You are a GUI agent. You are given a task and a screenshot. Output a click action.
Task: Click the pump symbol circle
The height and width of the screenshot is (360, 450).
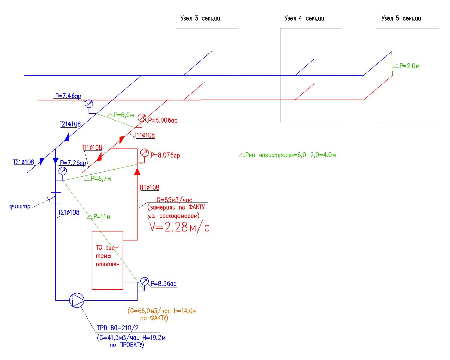coord(77,300)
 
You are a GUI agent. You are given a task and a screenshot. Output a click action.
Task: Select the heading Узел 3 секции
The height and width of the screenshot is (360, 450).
coord(200,19)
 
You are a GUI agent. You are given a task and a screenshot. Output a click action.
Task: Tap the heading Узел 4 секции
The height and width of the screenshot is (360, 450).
coord(304,19)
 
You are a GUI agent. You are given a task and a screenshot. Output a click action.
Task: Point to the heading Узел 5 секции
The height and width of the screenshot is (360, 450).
coord(401,19)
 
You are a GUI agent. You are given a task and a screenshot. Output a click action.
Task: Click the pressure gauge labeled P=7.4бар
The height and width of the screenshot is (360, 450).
coord(89,104)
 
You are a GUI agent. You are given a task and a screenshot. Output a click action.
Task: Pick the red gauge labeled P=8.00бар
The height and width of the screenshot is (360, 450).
coord(142,118)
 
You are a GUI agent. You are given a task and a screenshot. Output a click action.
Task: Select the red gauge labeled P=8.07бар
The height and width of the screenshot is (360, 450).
coord(144,153)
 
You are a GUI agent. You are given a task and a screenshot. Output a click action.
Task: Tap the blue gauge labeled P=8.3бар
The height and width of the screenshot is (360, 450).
coord(144,281)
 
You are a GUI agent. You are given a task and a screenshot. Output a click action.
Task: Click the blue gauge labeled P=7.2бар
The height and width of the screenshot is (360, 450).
coord(63,171)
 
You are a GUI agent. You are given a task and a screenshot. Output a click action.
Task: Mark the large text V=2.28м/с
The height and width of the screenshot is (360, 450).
coord(179,227)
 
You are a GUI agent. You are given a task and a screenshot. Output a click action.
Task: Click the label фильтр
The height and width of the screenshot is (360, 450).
coord(20,207)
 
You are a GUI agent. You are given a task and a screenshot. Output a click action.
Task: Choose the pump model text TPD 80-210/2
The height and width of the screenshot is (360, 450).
coord(118,328)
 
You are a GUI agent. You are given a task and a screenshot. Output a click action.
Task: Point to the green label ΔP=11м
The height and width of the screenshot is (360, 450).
coord(99,217)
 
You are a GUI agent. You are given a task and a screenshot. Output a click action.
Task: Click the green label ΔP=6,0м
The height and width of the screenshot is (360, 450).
coord(121,115)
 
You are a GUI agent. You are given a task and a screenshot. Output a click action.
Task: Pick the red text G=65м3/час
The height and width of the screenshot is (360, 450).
coord(174,200)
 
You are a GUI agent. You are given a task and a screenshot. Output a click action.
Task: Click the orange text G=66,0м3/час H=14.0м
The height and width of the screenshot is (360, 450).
coord(162,311)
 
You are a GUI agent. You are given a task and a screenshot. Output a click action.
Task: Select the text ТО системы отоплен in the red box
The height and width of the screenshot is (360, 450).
coord(107,256)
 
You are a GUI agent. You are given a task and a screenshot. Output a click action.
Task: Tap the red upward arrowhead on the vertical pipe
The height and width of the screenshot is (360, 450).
coord(137,171)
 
